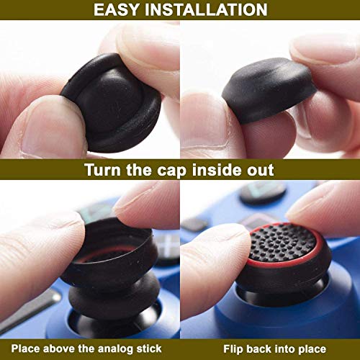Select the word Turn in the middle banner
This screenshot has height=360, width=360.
click(104, 170)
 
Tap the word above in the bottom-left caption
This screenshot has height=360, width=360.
click(66, 350)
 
